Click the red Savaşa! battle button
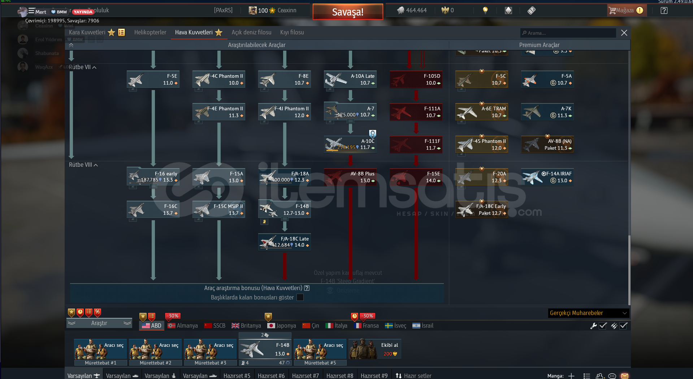pos(347,12)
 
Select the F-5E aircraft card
pos(153,80)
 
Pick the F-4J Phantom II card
pos(285,112)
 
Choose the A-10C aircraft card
pos(350,144)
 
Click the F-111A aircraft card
pos(416,112)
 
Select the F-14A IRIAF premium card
pos(547,177)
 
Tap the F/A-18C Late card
pos(285,242)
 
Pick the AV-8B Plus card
pos(350,177)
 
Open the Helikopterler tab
pos(150,33)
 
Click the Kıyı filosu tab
pos(292,33)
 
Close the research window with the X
pos(624,33)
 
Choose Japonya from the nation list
pos(282,325)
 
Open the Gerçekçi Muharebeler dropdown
pos(588,313)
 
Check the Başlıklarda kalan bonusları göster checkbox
pos(300,297)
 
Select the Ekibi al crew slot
pos(375,349)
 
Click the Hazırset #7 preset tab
pos(305,375)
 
